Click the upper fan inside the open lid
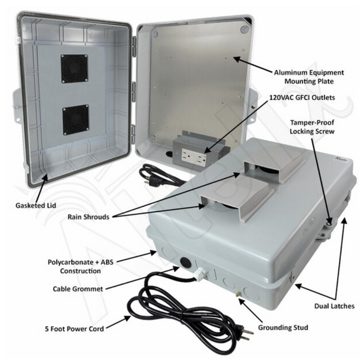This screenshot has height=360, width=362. coord(74,69)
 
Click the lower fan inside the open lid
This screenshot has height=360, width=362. coord(76,120)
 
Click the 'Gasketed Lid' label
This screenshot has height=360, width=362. coord(36,205)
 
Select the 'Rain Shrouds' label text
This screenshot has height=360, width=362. coord(89,217)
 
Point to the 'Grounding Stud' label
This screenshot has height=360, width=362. coord(283,328)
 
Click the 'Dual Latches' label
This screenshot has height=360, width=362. coord(335,306)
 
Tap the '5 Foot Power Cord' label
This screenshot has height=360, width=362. coord(74,329)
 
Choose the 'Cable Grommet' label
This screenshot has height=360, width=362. coord(78,289)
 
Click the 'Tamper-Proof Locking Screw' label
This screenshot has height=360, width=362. coord(312,127)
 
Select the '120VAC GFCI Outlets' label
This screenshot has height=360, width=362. coord(302,97)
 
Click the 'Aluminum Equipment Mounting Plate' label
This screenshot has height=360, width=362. coord(309,77)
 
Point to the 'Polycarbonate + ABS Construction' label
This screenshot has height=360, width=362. coord(81,266)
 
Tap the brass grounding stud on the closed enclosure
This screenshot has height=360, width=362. coord(238,294)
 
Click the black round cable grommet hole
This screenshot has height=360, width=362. coord(185,263)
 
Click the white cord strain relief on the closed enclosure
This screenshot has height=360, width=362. coord(200,273)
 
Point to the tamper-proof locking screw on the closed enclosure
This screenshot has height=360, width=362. coord(329,223)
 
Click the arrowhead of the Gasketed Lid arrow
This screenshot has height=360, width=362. coord(46,177)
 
